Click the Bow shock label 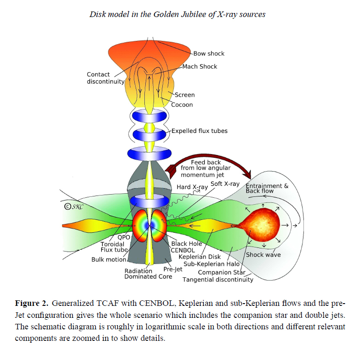click(x=209, y=53)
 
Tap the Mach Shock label click(x=200, y=67)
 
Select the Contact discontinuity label click(x=105, y=78)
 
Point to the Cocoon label click(x=182, y=104)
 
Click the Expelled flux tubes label click(x=200, y=131)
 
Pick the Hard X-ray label click(x=192, y=187)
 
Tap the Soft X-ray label click(x=225, y=184)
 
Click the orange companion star click(x=260, y=224)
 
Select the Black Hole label click(x=187, y=244)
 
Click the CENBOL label click(x=183, y=250)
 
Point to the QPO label click(x=124, y=237)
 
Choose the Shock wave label click(x=263, y=255)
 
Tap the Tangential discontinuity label click(x=218, y=280)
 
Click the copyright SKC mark click(x=74, y=207)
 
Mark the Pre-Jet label click(x=173, y=269)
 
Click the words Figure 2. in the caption click(x=32, y=303)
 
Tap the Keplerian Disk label click(x=200, y=257)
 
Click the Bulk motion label click(x=109, y=259)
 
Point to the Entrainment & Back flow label click(x=267, y=189)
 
